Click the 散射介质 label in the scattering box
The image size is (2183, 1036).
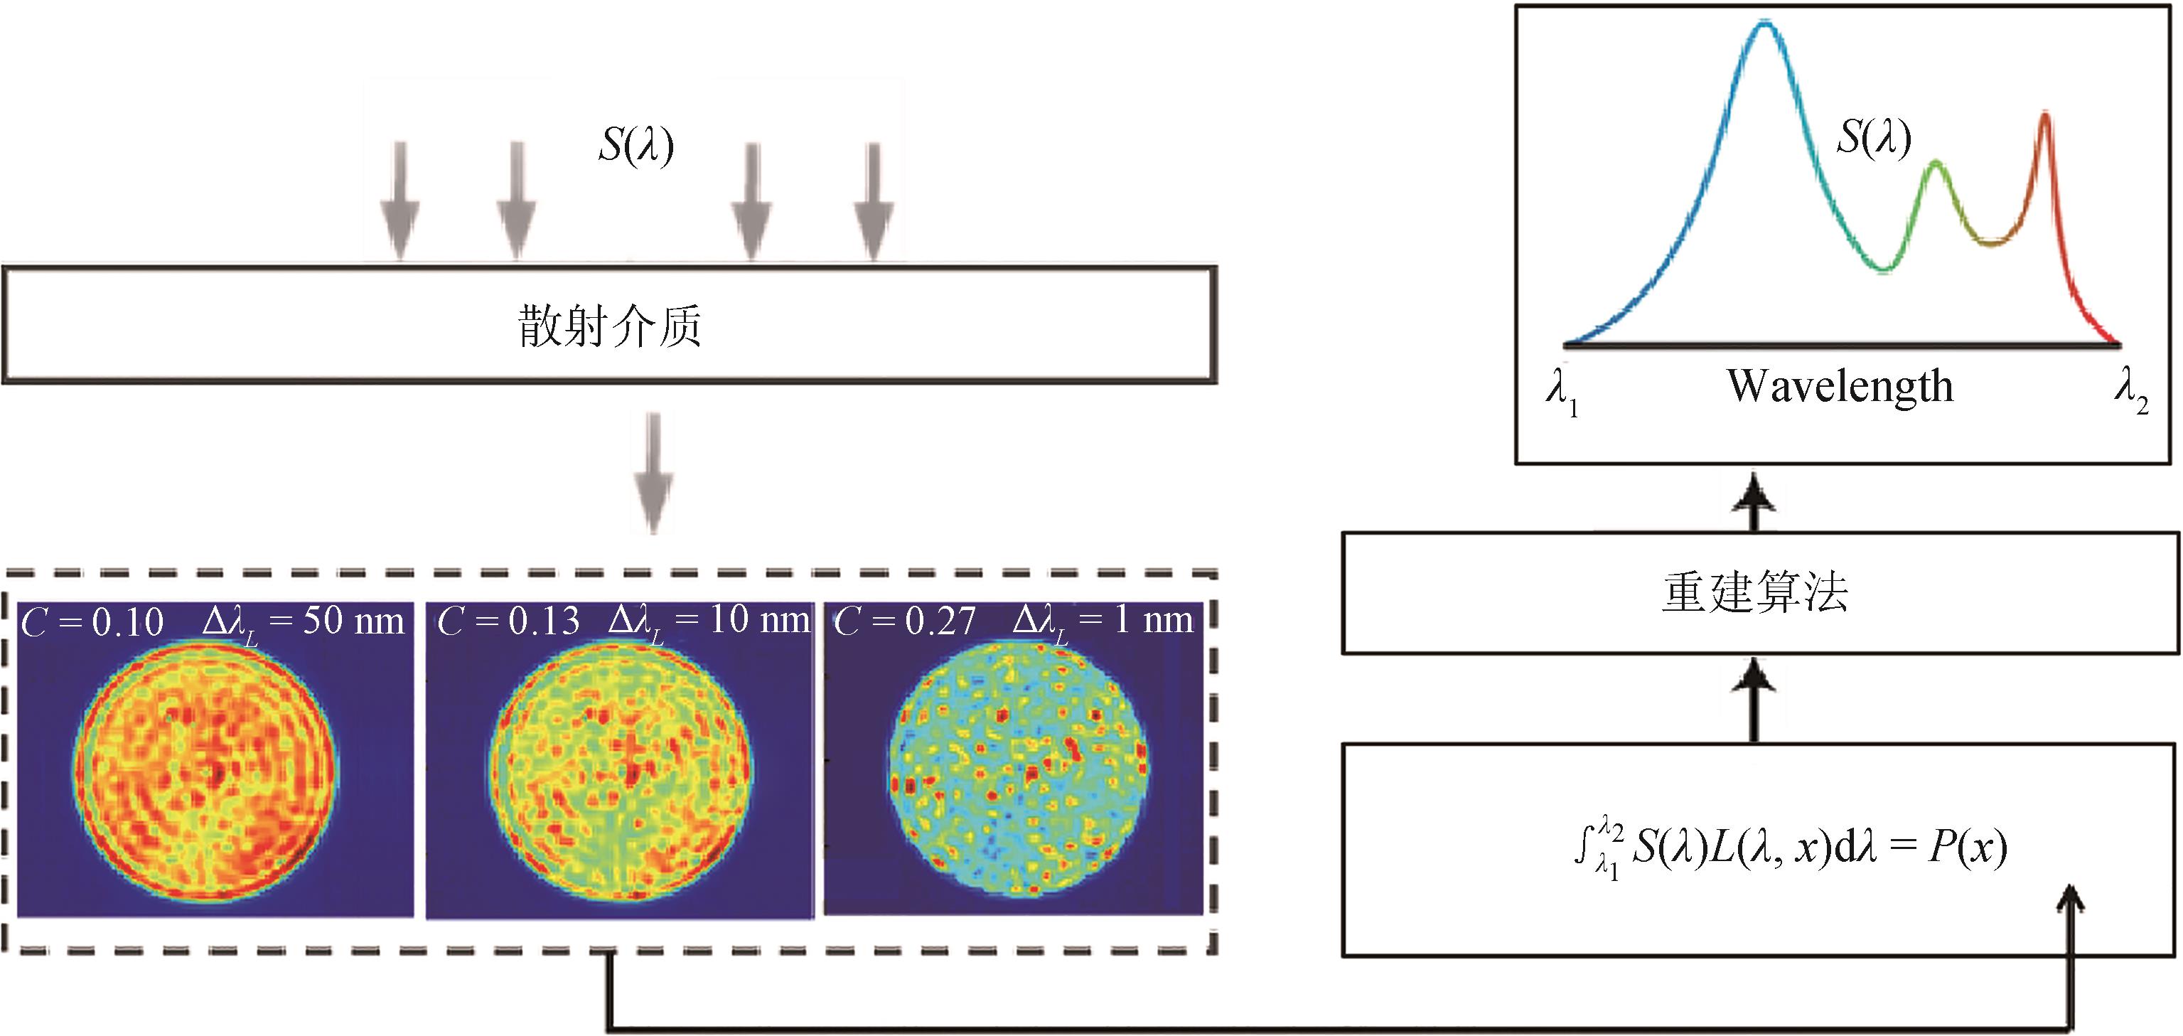tap(610, 326)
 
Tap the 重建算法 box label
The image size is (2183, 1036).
tap(1754, 592)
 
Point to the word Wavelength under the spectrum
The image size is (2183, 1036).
tap(1840, 387)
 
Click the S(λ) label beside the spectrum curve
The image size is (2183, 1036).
tap(1874, 137)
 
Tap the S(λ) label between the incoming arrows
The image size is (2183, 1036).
tap(636, 145)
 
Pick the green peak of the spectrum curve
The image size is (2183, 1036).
tap(1935, 163)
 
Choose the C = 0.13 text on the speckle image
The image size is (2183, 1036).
tap(508, 621)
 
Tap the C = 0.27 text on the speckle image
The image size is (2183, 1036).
tap(905, 621)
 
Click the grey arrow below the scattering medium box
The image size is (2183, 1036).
tap(653, 472)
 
